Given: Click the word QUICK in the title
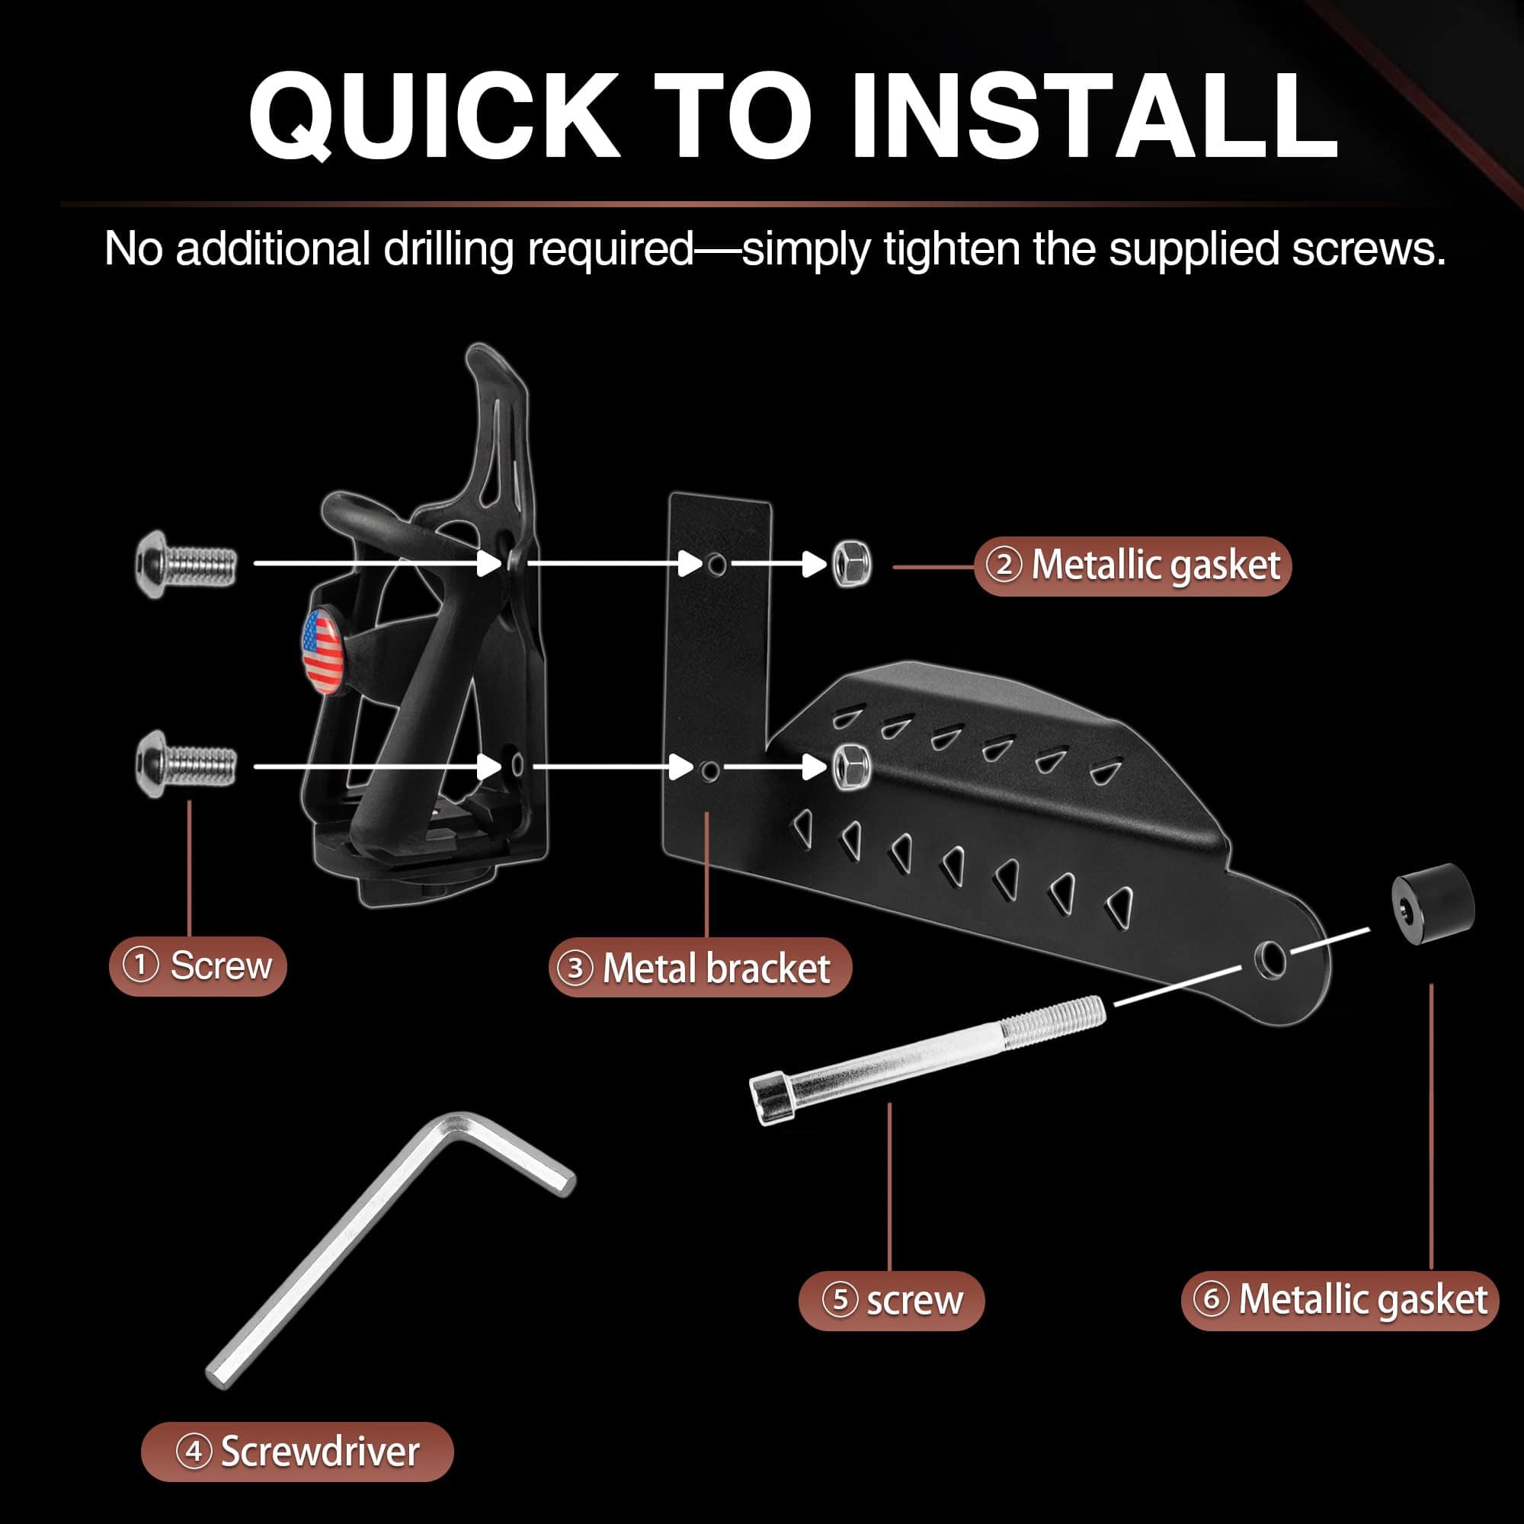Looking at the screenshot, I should (x=434, y=117).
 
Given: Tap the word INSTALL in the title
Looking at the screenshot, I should (x=1092, y=117).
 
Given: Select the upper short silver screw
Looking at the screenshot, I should (x=186, y=565).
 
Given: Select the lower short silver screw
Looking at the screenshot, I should (x=186, y=764).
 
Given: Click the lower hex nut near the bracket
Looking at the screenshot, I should (x=852, y=764).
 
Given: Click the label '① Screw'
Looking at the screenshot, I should (x=198, y=966).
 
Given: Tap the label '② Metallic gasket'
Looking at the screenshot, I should (x=1133, y=565).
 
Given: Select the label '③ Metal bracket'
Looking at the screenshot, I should (x=700, y=968).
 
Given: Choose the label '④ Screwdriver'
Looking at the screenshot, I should (x=297, y=1452).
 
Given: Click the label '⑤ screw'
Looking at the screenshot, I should (x=892, y=1301).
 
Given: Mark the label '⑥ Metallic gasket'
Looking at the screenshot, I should (x=1340, y=1300).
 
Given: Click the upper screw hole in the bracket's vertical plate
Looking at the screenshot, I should (x=716, y=564).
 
